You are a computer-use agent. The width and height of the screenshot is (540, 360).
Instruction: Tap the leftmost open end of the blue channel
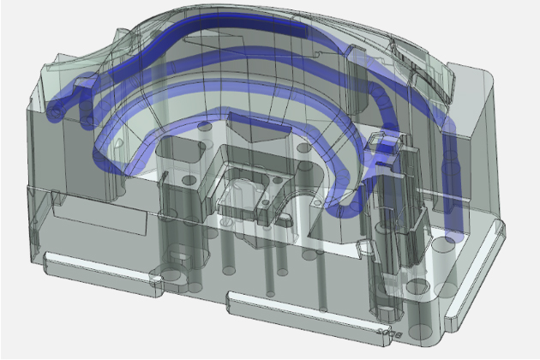point(55,111)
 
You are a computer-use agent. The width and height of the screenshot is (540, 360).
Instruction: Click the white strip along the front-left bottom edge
point(94,265)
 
